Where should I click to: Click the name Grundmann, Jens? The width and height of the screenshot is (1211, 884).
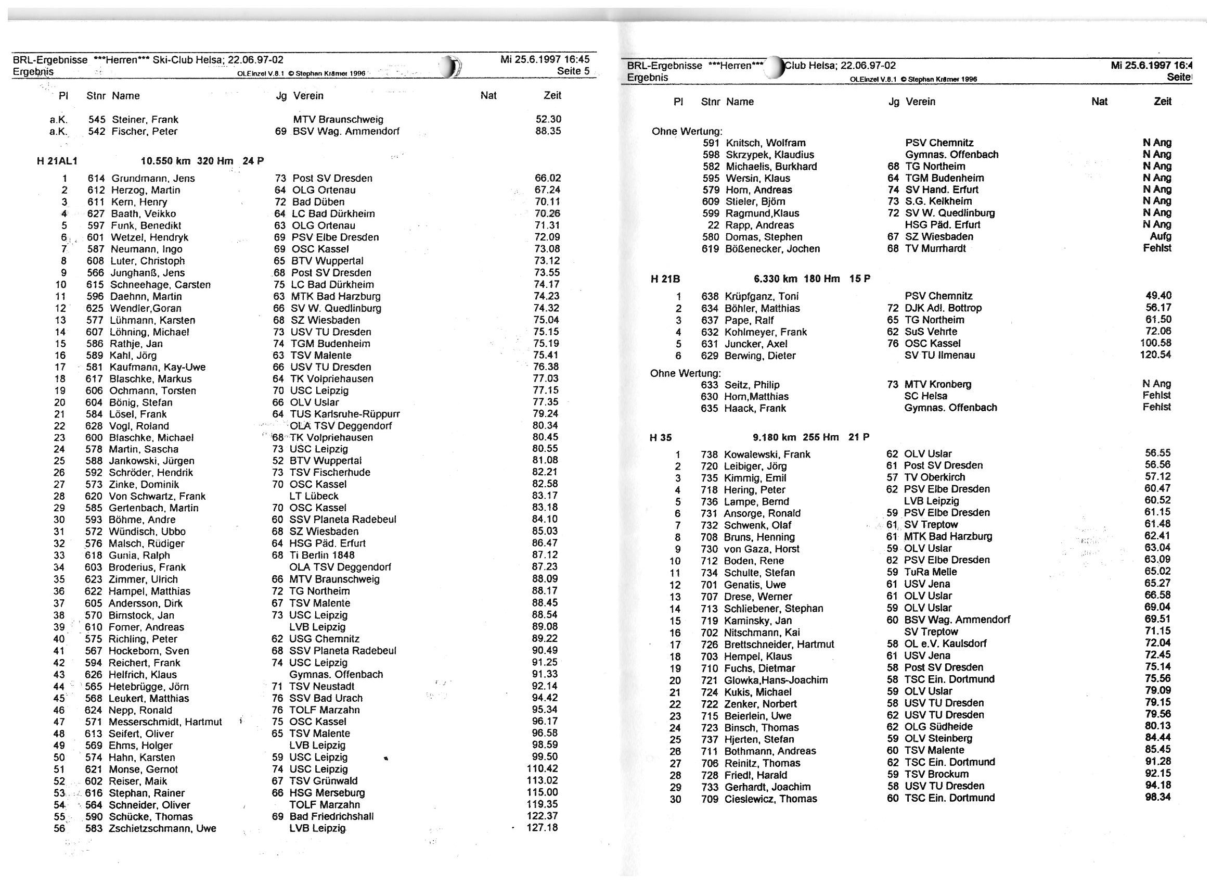(x=153, y=178)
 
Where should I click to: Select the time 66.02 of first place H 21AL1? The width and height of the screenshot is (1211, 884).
(x=547, y=178)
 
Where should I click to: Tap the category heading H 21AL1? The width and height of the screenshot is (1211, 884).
(x=57, y=161)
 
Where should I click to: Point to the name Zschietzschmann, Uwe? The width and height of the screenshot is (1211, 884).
(x=162, y=829)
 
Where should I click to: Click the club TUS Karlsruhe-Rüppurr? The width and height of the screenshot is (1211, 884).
(x=345, y=414)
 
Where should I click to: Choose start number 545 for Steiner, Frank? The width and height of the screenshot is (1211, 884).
(x=97, y=119)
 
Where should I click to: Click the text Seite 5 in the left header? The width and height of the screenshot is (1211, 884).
(x=573, y=71)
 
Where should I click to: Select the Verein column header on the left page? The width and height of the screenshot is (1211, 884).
(x=308, y=96)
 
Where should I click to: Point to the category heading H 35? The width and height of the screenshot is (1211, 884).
(x=660, y=438)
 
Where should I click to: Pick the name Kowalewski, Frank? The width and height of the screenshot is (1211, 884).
(x=767, y=455)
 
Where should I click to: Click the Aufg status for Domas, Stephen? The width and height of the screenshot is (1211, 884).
(x=1160, y=236)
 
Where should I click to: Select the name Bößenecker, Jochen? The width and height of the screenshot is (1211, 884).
(x=772, y=249)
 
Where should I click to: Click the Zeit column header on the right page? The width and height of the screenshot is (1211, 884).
(x=1162, y=102)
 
